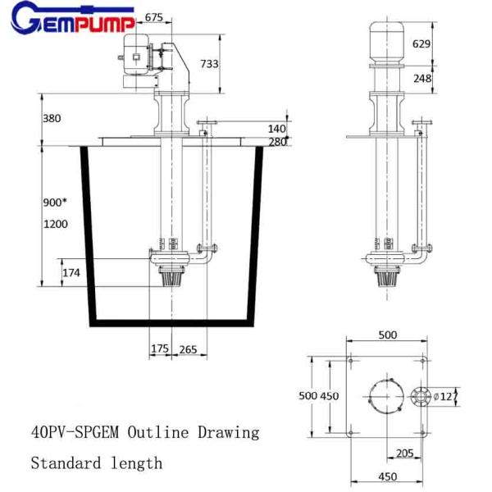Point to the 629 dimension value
tap(421, 43)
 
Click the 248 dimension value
tap(421, 79)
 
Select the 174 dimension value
tap(71, 272)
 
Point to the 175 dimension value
tap(159, 349)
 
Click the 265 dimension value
tap(188, 349)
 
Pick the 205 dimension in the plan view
tap(404, 453)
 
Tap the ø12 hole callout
tap(444, 397)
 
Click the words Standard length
tap(97, 463)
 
